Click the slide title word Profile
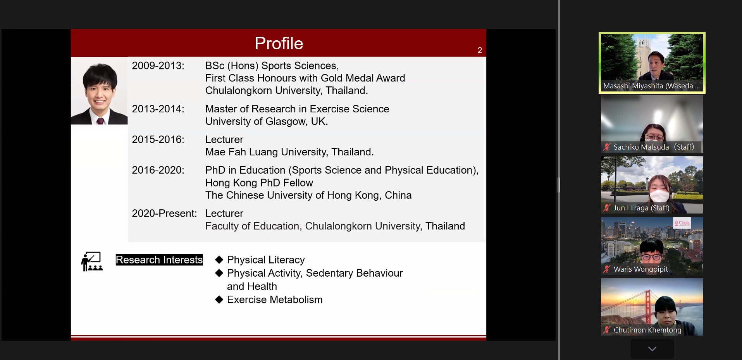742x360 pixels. click(x=279, y=43)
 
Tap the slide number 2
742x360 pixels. click(x=480, y=50)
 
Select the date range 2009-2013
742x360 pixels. click(x=158, y=65)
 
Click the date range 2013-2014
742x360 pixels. click(x=158, y=109)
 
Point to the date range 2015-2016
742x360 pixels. click(x=158, y=140)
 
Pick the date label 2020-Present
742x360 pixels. click(x=164, y=214)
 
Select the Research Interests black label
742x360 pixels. click(x=159, y=260)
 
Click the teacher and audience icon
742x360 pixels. click(x=92, y=262)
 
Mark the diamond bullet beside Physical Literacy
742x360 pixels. click(x=219, y=260)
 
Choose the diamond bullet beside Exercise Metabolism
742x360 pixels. click(x=219, y=300)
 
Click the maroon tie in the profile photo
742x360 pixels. click(x=100, y=121)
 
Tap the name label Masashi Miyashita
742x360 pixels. click(x=651, y=86)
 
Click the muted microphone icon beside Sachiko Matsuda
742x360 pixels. click(x=607, y=147)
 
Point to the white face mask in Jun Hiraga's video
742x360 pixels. click(x=659, y=196)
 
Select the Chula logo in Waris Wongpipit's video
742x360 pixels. click(x=682, y=223)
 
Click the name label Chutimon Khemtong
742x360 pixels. click(x=647, y=330)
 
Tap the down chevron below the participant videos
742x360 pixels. click(x=652, y=349)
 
